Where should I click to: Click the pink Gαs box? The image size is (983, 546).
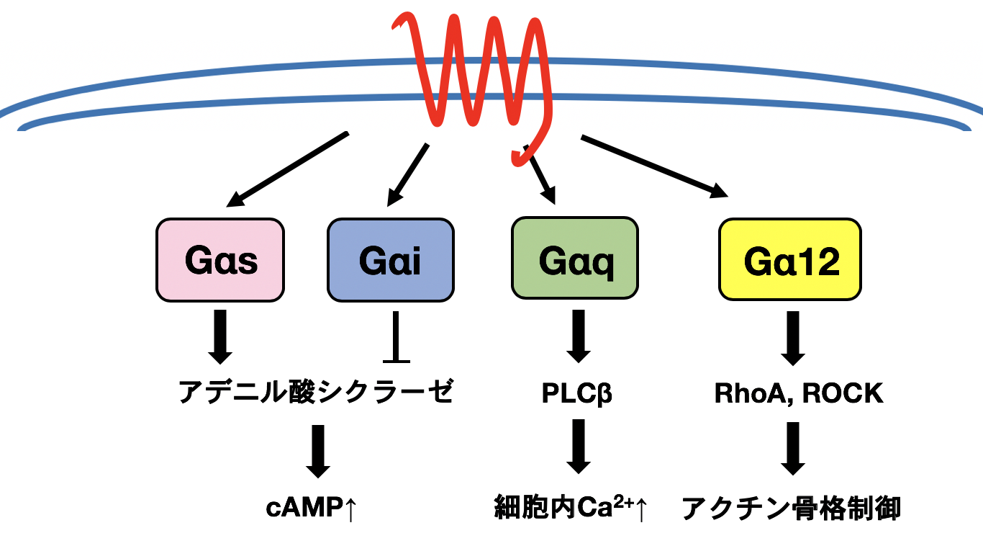point(220,260)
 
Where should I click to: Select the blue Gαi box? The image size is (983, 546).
point(391,260)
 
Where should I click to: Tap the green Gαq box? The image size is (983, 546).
point(575,259)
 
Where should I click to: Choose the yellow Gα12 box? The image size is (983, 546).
point(790,259)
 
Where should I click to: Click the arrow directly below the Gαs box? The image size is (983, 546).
point(220,337)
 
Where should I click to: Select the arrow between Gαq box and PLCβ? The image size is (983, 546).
point(579,336)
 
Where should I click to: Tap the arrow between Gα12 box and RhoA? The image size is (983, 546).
point(792,338)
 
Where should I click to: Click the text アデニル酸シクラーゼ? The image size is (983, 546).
point(315,392)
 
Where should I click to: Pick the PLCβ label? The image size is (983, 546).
point(576,393)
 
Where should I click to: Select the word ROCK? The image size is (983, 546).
point(843,393)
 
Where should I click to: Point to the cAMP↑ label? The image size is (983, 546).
point(311,508)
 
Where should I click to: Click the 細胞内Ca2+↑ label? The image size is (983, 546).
point(571,507)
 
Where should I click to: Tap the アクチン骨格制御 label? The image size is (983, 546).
point(791,508)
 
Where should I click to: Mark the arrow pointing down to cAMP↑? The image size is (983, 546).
point(318,451)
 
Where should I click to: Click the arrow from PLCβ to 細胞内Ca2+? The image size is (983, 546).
point(579,447)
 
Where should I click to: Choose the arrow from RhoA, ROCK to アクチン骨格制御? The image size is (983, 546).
point(792,449)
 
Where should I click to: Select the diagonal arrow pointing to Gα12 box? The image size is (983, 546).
point(654,166)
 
